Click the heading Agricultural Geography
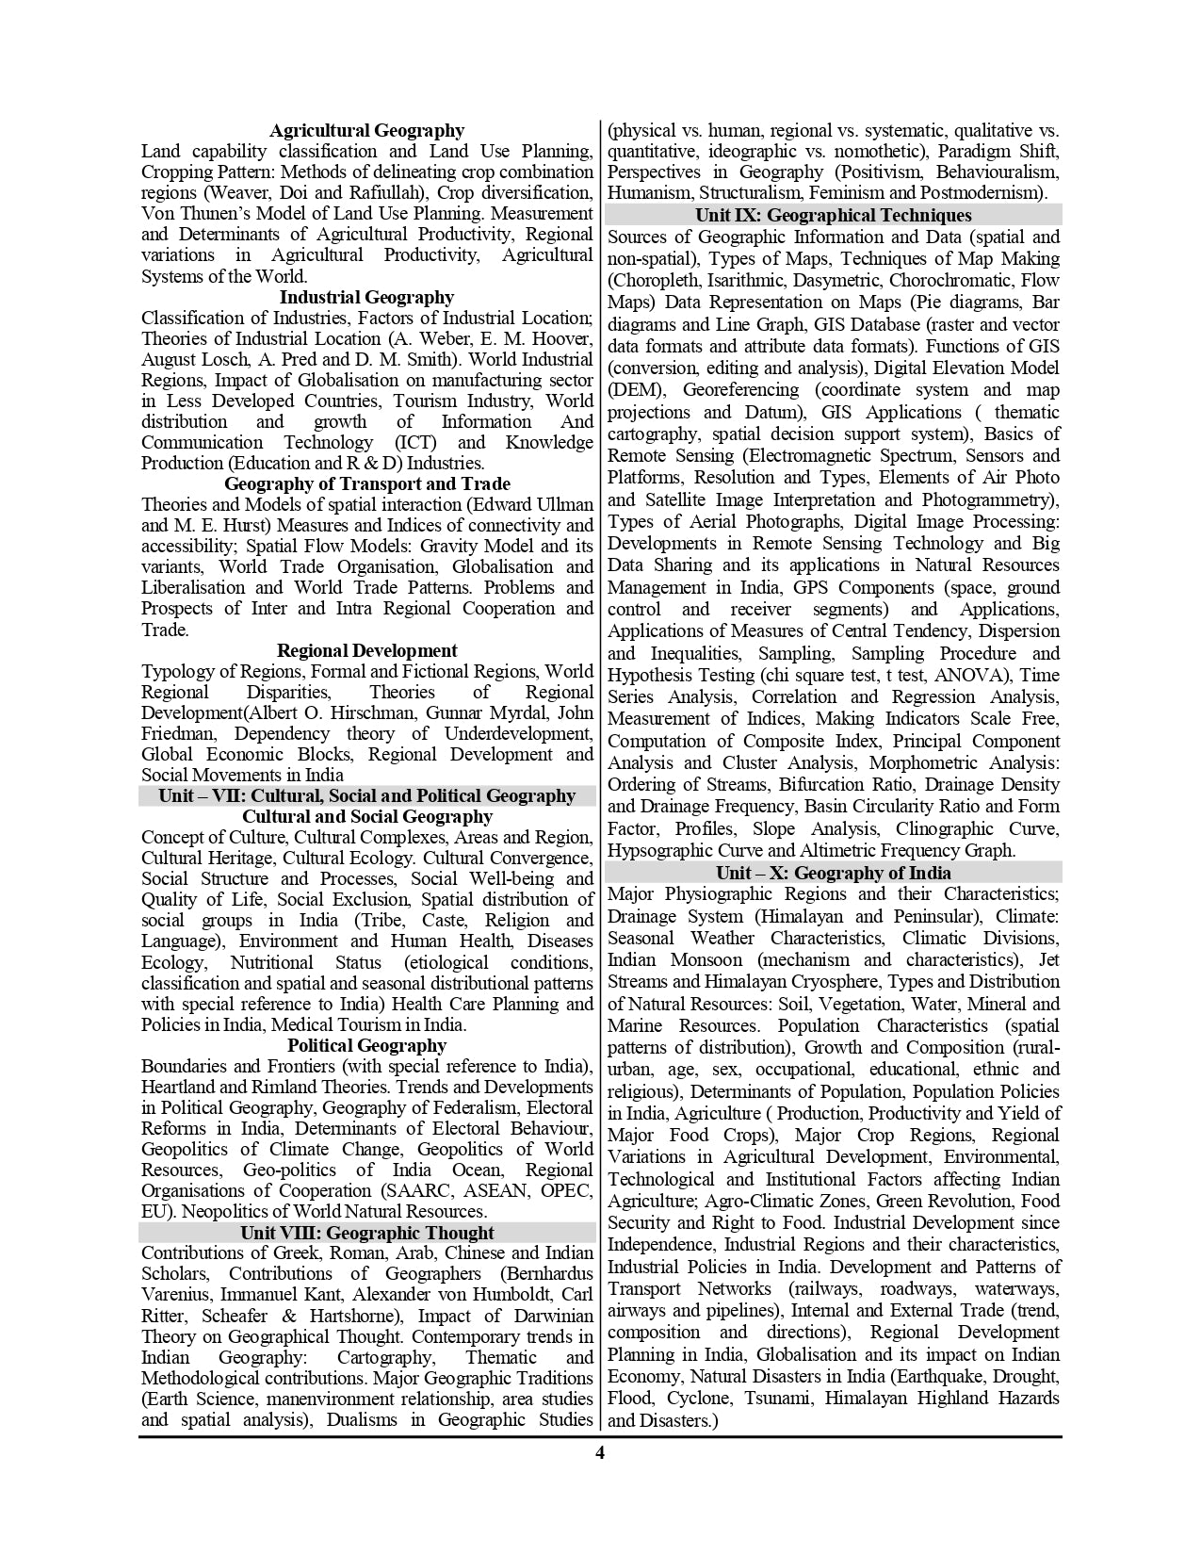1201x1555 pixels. pyautogui.click(x=366, y=130)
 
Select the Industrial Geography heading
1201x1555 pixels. pyautogui.click(x=366, y=297)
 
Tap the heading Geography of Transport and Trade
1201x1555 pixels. pyautogui.click(x=366, y=484)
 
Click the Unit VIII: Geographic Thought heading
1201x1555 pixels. pyautogui.click(x=366, y=1233)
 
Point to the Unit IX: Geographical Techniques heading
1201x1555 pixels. pyautogui.click(x=834, y=215)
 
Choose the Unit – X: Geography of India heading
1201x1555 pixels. pyautogui.click(x=834, y=873)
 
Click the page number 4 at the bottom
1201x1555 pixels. pyautogui.click(x=600, y=1452)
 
